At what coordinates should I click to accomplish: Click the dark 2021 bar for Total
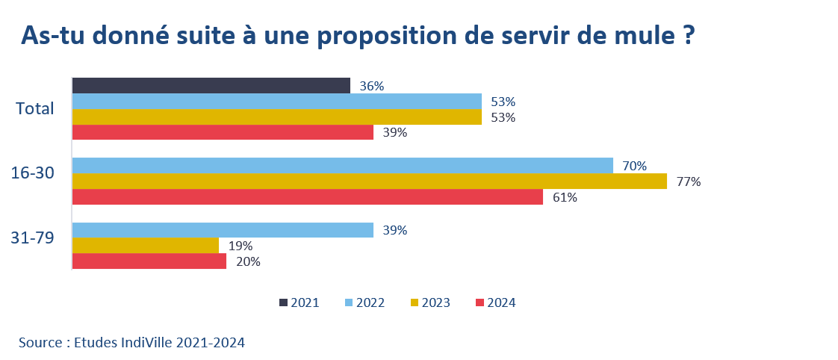(211, 85)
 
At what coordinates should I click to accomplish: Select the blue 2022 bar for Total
(277, 101)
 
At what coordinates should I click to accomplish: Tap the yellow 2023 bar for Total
(277, 117)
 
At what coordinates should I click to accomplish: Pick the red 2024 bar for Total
(223, 132)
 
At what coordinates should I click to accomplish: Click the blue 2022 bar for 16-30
(343, 165)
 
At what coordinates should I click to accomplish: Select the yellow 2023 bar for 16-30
(370, 181)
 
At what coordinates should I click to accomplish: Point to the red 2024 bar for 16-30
(308, 196)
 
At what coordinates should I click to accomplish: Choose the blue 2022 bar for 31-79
(223, 230)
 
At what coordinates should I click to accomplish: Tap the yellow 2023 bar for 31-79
(146, 246)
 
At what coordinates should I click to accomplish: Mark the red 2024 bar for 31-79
(149, 261)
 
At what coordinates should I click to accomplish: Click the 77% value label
(689, 181)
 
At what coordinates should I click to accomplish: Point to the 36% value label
(371, 86)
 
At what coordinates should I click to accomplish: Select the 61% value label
(565, 197)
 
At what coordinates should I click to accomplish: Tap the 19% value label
(240, 246)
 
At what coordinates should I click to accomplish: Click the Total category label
(35, 108)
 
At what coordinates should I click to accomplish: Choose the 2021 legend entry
(299, 302)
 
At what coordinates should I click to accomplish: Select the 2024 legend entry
(495, 302)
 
